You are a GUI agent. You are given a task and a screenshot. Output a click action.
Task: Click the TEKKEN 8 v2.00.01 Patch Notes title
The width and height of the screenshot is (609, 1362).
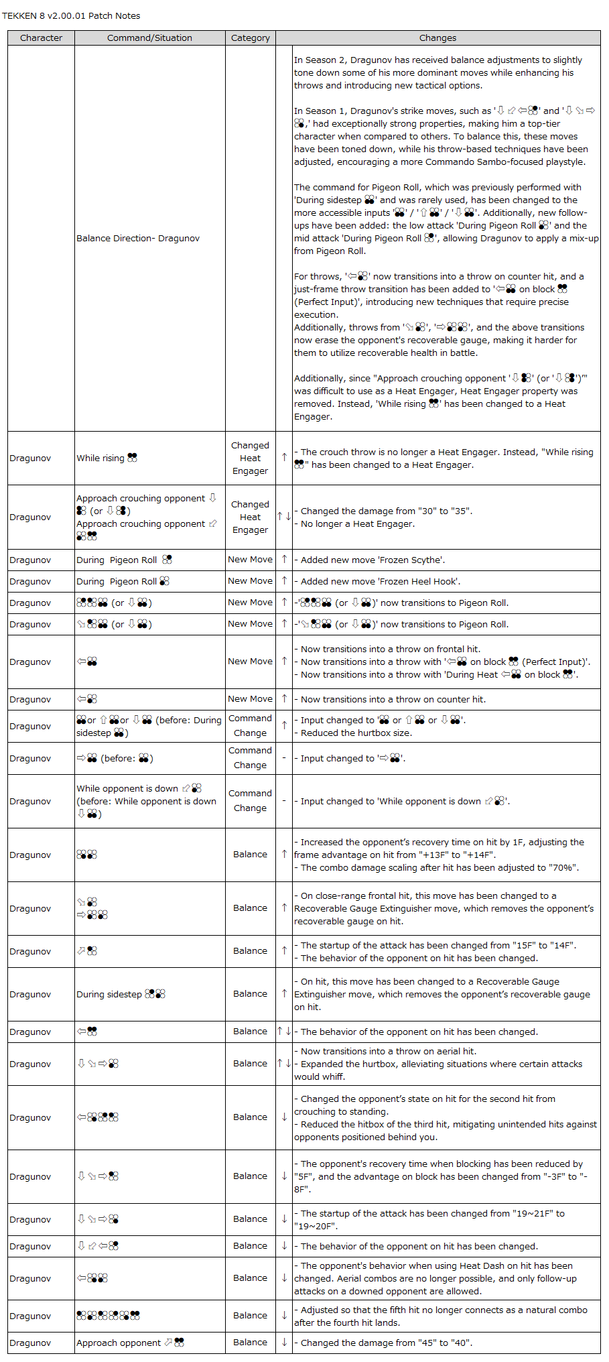pyautogui.click(x=71, y=15)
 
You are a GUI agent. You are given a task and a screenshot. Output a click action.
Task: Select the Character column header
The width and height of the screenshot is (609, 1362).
pyautogui.click(x=41, y=38)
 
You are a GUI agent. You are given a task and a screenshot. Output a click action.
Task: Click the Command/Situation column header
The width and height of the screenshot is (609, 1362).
pyautogui.click(x=149, y=38)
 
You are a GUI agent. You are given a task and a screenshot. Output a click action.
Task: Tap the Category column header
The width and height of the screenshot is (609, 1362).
pyautogui.click(x=251, y=38)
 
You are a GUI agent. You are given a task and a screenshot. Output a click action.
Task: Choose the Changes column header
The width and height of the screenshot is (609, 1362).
pyautogui.click(x=437, y=38)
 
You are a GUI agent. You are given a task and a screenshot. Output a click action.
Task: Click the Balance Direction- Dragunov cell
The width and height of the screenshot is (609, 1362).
pyautogui.click(x=138, y=238)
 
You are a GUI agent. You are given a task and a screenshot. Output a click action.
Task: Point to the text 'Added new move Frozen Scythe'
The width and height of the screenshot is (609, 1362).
pyautogui.click(x=373, y=560)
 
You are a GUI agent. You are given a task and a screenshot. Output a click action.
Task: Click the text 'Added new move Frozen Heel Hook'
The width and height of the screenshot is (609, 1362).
pyautogui.click(x=380, y=581)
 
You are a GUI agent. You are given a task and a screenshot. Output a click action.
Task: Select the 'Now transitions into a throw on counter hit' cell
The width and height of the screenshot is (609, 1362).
pyautogui.click(x=393, y=699)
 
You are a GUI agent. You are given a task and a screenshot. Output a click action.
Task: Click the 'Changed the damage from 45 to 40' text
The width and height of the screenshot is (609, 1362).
pyautogui.click(x=386, y=1343)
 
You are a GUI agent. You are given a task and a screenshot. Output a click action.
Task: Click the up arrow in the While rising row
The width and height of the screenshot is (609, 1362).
pyautogui.click(x=284, y=457)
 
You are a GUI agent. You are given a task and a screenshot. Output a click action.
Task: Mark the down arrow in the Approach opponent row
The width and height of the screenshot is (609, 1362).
pyautogui.click(x=284, y=1342)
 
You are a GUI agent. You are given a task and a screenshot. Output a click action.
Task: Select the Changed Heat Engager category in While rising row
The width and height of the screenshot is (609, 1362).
pyautogui.click(x=250, y=458)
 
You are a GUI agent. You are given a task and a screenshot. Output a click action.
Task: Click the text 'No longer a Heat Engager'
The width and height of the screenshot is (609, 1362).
pyautogui.click(x=357, y=523)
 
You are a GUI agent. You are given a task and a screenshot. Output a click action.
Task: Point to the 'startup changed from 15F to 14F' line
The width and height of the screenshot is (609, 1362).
pyautogui.click(x=438, y=945)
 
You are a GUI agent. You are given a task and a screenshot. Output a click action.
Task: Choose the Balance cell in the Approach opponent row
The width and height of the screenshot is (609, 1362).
pyautogui.click(x=250, y=1343)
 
